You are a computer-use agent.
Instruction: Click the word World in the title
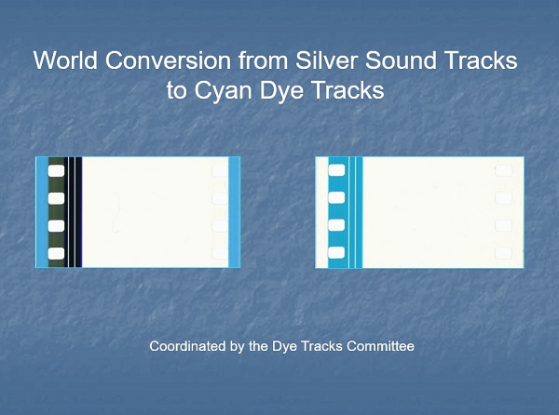pyautogui.click(x=65, y=60)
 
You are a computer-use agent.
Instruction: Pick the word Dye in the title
pyautogui.click(x=281, y=90)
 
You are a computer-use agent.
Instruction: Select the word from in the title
pyautogui.click(x=264, y=60)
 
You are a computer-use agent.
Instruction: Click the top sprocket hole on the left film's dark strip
pyautogui.click(x=56, y=171)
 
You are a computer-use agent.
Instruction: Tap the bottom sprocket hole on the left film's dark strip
pyautogui.click(x=56, y=253)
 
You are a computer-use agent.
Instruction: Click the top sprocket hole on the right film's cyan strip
pyautogui.click(x=336, y=170)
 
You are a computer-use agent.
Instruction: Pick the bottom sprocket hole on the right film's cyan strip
pyautogui.click(x=336, y=253)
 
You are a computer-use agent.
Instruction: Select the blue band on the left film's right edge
pyautogui.click(x=234, y=212)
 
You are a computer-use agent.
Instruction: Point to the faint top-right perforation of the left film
pyautogui.click(x=220, y=171)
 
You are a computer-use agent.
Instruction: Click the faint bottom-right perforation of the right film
pyautogui.click(x=503, y=253)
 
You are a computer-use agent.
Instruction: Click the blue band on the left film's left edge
pyautogui.click(x=42, y=212)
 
